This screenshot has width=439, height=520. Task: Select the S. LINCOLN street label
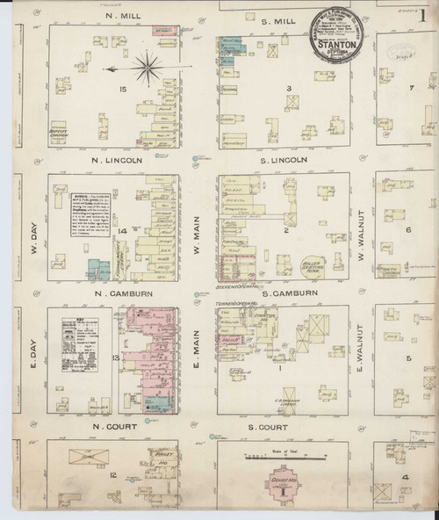pyautogui.click(x=282, y=160)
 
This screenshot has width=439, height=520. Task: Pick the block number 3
pyautogui.click(x=288, y=88)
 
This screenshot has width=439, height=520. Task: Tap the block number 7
pyautogui.click(x=410, y=88)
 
